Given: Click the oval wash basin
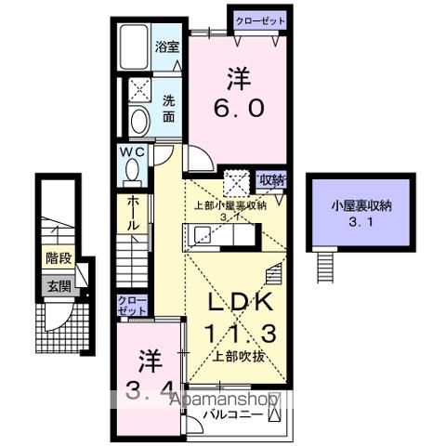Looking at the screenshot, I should pyautogui.click(x=139, y=122).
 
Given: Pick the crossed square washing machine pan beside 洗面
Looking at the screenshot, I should pyautogui.click(x=140, y=90).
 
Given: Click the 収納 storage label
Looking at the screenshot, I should pyautogui.click(x=270, y=179).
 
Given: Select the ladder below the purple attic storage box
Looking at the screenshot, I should pyautogui.click(x=325, y=268).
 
